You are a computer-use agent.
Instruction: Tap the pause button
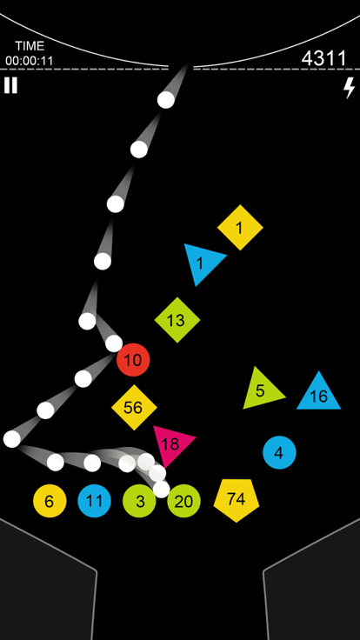[x=10, y=85]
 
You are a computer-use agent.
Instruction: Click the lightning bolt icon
[x=349, y=88]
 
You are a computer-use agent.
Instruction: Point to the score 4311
[x=323, y=58]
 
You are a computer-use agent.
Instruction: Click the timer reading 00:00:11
[x=30, y=61]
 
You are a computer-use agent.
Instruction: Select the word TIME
[x=30, y=46]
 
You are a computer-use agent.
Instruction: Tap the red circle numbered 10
[x=133, y=360]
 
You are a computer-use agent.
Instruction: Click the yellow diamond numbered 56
[x=134, y=407]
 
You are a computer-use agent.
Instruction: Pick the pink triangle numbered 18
[x=171, y=443]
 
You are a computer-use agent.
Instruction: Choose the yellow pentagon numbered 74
[x=237, y=500]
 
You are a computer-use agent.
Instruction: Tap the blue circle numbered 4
[x=279, y=452]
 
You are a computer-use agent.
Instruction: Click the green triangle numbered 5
[x=261, y=390]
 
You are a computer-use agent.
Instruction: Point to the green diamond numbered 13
[x=177, y=320]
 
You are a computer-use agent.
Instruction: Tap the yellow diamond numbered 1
[x=240, y=227]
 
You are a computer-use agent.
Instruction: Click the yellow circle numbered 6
[x=50, y=501]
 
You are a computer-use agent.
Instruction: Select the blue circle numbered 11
[x=94, y=501]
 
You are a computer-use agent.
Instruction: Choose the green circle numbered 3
[x=139, y=501]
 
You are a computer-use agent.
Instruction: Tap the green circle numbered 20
[x=183, y=501]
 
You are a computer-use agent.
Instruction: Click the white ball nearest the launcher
[x=166, y=100]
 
